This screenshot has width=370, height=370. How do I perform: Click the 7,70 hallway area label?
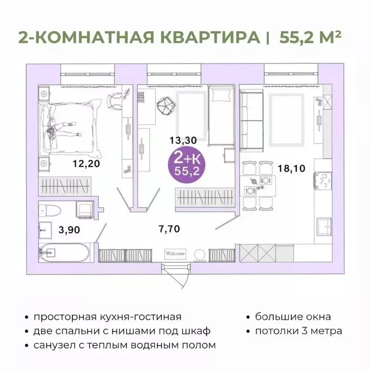pyautogui.click(x=169, y=228)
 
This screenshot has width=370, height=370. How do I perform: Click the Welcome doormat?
pyautogui.click(x=176, y=254)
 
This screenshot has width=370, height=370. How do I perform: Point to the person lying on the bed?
pyautogui.click(x=61, y=126)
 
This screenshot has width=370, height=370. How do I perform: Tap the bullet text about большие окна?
pyautogui.click(x=292, y=317)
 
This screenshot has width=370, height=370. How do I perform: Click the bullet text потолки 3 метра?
pyautogui.click(x=298, y=331)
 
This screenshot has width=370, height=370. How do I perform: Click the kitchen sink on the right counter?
pyautogui.click(x=323, y=224)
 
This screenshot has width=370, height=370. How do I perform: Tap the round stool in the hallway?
pyautogui.click(x=199, y=254)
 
